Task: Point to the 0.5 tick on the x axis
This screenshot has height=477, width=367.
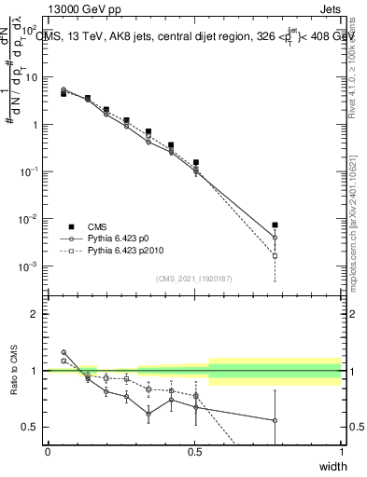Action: click(194, 451)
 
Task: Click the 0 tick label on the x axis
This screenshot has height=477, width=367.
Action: click(48, 451)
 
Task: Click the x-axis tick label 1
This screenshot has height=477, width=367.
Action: click(341, 451)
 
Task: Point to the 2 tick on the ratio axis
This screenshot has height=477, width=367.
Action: click(38, 314)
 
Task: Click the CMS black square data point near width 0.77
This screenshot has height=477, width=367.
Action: click(275, 225)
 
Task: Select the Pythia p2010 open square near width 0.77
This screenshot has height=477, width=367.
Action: click(275, 255)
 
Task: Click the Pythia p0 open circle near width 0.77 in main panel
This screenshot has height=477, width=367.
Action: click(275, 238)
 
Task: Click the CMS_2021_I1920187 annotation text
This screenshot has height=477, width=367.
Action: click(194, 279)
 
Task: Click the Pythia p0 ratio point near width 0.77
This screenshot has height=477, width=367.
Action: click(275, 420)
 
